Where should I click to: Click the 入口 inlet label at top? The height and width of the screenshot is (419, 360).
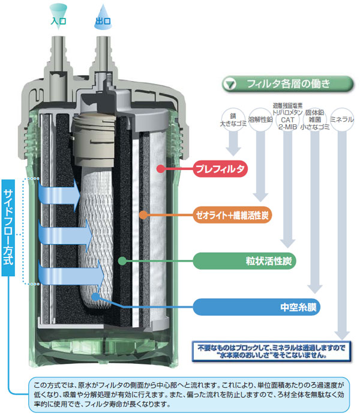click(58, 20)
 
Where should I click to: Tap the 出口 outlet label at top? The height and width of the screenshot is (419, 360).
click(103, 20)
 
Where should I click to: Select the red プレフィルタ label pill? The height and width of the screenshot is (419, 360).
click(220, 169)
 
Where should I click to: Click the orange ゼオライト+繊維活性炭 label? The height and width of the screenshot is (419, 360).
click(232, 215)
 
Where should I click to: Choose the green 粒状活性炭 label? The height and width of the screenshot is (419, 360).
click(244, 261)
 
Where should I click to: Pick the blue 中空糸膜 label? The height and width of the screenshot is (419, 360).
click(256, 307)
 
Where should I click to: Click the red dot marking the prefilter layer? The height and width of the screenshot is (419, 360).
click(161, 169)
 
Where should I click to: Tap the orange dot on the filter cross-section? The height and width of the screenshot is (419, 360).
click(143, 215)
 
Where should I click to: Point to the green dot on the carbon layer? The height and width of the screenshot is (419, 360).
click(122, 261)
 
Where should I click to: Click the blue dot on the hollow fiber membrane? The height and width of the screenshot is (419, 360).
click(95, 297)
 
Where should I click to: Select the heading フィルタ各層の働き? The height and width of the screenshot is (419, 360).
click(289, 84)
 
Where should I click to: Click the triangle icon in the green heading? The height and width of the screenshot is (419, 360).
click(230, 85)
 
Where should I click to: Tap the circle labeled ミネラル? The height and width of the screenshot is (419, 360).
click(342, 119)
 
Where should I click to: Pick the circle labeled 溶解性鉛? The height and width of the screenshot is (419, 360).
click(260, 119)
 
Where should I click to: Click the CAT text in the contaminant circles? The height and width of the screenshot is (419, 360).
click(287, 119)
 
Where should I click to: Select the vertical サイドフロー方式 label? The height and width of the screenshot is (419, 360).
click(8, 228)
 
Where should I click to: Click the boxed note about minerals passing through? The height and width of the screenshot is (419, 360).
click(271, 351)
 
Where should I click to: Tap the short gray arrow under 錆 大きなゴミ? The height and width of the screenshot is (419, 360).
click(233, 143)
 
